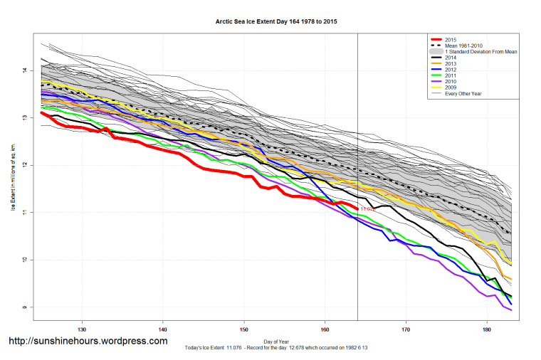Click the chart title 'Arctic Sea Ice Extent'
(x=276, y=22)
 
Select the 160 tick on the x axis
(x=325, y=330)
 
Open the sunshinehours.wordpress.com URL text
(x=88, y=341)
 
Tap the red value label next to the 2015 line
(x=367, y=209)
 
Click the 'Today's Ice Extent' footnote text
(x=276, y=347)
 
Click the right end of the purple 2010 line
(x=511, y=310)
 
